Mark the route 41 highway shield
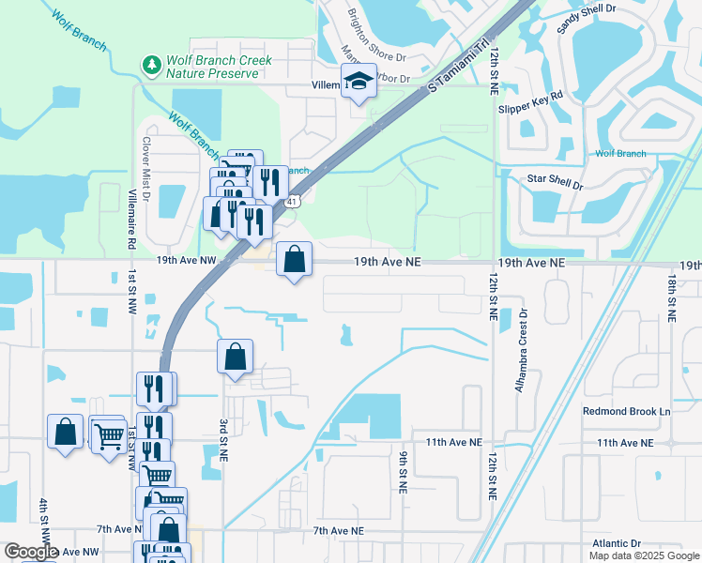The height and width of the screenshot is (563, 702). point(294,201)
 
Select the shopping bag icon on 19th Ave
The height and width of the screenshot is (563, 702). point(295,259)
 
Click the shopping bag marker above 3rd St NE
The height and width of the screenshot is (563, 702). point(235,358)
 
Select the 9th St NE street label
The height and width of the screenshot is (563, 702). point(402,471)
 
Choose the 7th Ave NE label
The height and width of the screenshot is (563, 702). point(337,531)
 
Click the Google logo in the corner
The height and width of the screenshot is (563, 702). point(31,553)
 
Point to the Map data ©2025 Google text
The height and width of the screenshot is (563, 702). point(644,555)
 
